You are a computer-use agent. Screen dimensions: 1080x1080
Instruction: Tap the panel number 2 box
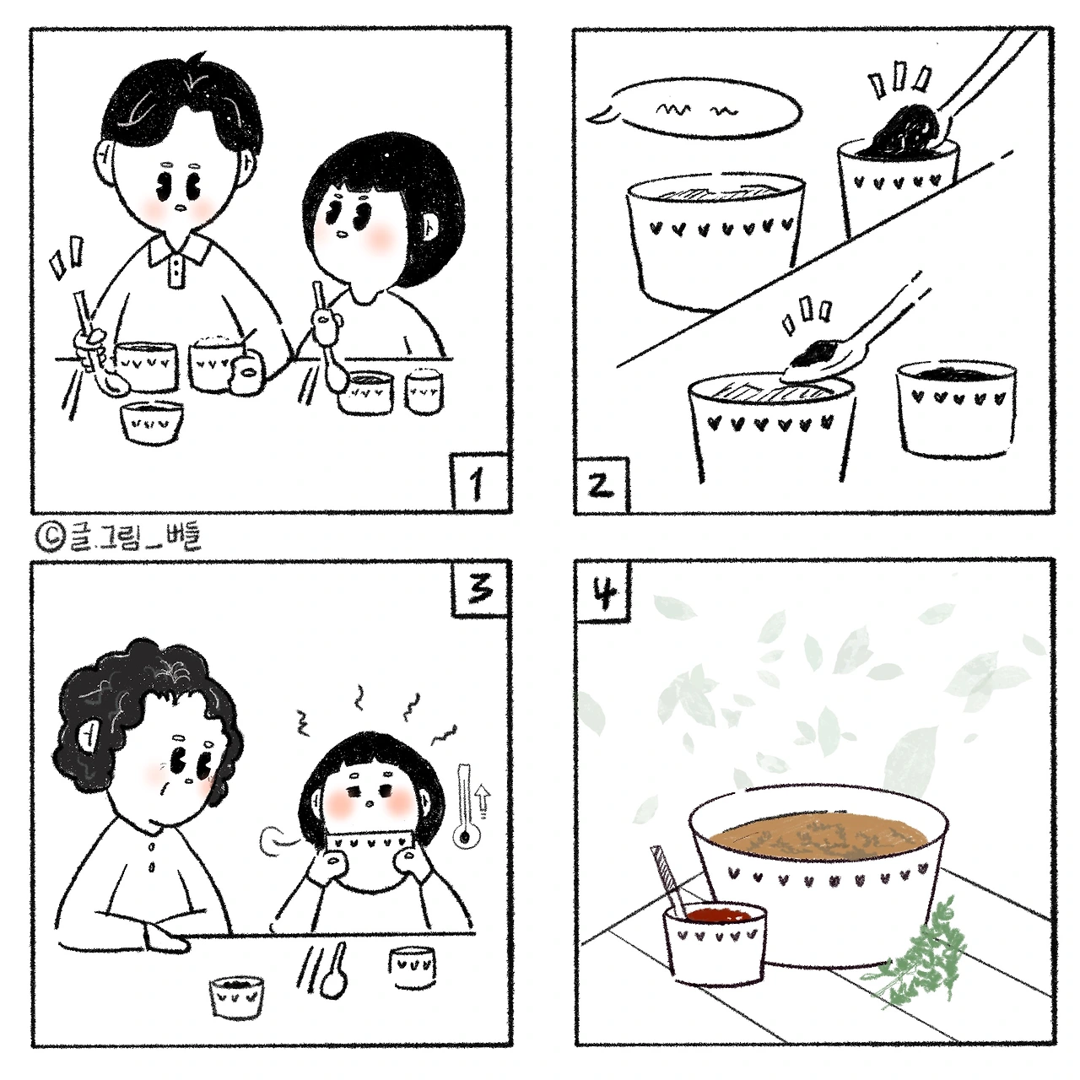(x=602, y=485)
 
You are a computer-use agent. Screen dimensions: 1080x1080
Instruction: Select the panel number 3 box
(x=481, y=588)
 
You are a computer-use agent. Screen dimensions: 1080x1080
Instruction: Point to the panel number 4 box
(x=604, y=590)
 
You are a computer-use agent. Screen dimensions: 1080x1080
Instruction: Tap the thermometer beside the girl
(x=465, y=806)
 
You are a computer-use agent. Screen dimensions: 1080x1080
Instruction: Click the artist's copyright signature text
(x=119, y=537)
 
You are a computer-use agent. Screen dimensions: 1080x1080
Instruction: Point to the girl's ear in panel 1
(x=431, y=226)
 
